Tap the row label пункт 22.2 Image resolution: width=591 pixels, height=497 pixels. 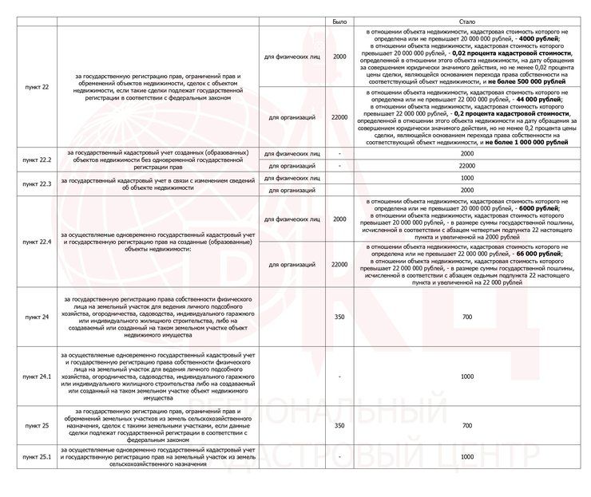tap(38, 160)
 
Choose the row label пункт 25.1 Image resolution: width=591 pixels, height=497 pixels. tap(38, 457)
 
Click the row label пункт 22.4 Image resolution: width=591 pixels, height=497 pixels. tap(38, 241)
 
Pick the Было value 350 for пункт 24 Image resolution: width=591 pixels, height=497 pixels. tap(339, 317)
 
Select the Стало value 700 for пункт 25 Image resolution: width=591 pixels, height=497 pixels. tap(467, 425)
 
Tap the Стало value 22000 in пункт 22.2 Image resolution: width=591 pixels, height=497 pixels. tap(467, 165)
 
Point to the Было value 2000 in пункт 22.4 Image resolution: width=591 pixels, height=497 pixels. tap(339, 219)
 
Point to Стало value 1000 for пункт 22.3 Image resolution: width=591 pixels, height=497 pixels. tap(467, 178)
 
